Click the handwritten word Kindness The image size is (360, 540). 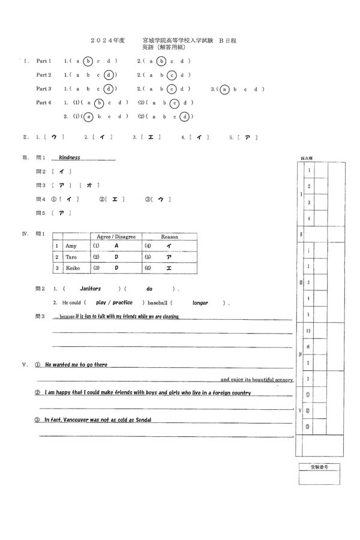pos(70,158)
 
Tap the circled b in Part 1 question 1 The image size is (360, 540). pos(89,61)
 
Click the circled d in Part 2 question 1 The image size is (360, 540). pos(108,75)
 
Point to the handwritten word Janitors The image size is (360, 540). pos(91,289)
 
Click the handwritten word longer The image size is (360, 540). pos(200,303)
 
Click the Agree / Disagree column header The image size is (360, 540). pos(116,237)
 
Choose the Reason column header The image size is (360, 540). pos(169,237)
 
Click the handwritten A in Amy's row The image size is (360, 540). pos(116,246)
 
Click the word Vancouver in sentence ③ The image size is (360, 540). pos(82,420)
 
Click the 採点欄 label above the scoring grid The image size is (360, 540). pos(306,158)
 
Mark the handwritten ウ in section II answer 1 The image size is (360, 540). pos(53,137)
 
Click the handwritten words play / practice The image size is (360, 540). pos(114,303)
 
